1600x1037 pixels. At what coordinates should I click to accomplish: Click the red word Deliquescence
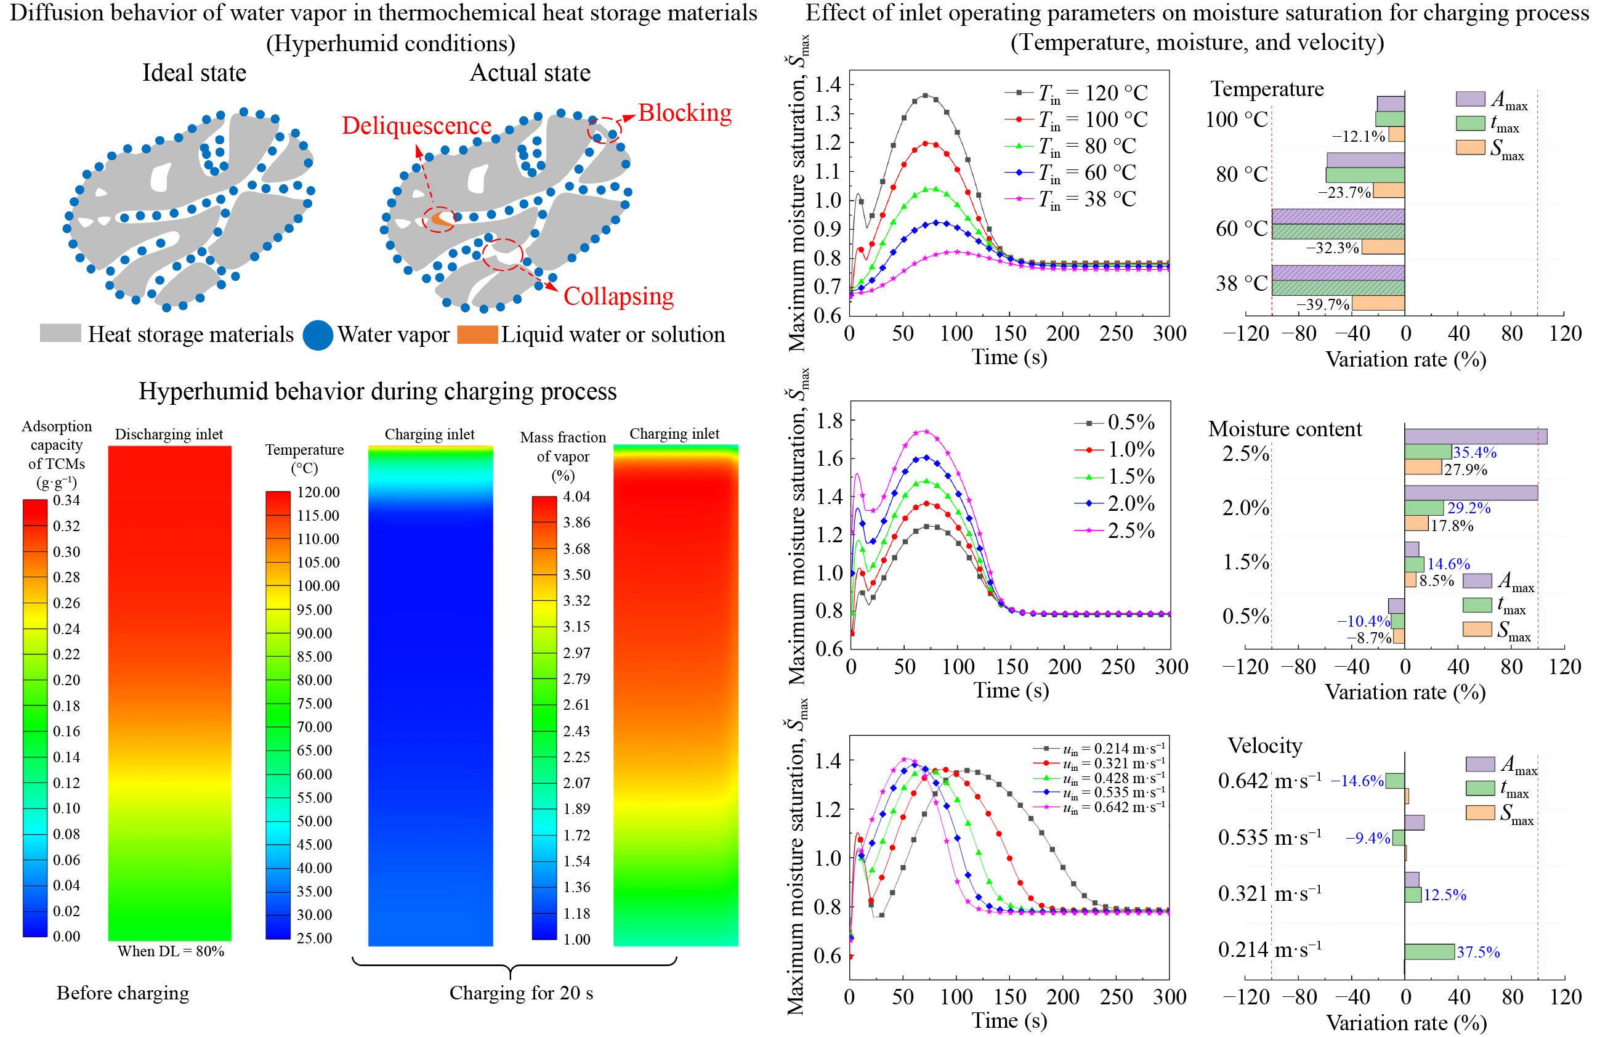[416, 126]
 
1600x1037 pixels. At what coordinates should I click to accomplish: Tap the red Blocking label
[684, 113]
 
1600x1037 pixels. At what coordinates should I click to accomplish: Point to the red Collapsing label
[618, 296]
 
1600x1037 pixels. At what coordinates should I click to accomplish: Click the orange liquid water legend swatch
[477, 334]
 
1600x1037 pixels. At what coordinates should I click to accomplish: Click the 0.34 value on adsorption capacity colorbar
[67, 500]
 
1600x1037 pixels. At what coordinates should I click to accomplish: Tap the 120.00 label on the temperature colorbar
[318, 492]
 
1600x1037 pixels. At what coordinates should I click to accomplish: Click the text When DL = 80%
[171, 951]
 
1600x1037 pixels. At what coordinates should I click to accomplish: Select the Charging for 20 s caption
[521, 993]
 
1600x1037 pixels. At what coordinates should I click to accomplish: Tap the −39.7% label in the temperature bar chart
[1322, 304]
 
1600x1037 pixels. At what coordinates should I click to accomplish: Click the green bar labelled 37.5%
[1429, 951]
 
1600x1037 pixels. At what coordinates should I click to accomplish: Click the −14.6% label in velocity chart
[1357, 781]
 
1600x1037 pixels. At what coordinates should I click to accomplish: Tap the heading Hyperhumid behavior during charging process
[377, 391]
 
